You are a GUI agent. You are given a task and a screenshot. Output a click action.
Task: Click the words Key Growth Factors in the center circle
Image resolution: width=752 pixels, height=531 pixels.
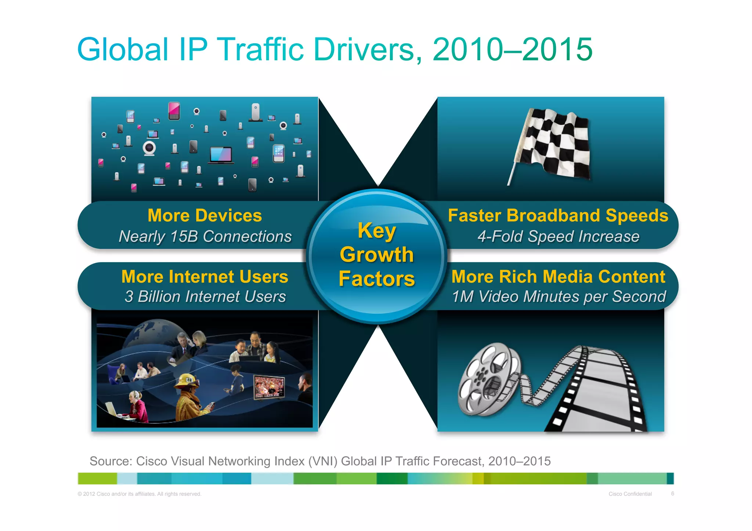[377, 255]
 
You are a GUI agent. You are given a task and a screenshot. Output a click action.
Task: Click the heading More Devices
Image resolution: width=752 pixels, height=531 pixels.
[205, 215]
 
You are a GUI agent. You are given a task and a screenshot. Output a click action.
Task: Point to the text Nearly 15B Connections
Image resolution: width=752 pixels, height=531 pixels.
[205, 236]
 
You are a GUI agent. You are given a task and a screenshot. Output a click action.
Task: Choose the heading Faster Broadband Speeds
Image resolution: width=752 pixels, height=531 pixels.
[558, 215]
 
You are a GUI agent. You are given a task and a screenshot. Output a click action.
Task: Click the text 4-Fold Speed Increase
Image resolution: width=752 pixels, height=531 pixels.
[558, 236]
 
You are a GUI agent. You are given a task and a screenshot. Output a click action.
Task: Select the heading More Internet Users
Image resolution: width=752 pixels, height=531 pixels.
[205, 277]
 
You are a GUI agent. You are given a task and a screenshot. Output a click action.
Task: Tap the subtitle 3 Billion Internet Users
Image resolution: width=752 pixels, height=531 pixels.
[205, 297]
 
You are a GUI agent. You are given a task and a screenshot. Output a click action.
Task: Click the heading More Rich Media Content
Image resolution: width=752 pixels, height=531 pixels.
[558, 277]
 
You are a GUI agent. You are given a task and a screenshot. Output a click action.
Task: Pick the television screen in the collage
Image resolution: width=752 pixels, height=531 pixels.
[269, 387]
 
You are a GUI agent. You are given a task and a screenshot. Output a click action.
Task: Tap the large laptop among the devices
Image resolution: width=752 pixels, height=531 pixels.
[221, 154]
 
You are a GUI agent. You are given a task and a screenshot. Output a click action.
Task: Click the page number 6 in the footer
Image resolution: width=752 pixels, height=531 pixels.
[672, 494]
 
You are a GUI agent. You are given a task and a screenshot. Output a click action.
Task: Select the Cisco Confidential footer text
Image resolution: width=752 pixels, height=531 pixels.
[630, 494]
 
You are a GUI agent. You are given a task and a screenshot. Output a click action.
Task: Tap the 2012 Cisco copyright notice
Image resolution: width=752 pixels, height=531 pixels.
[140, 494]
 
